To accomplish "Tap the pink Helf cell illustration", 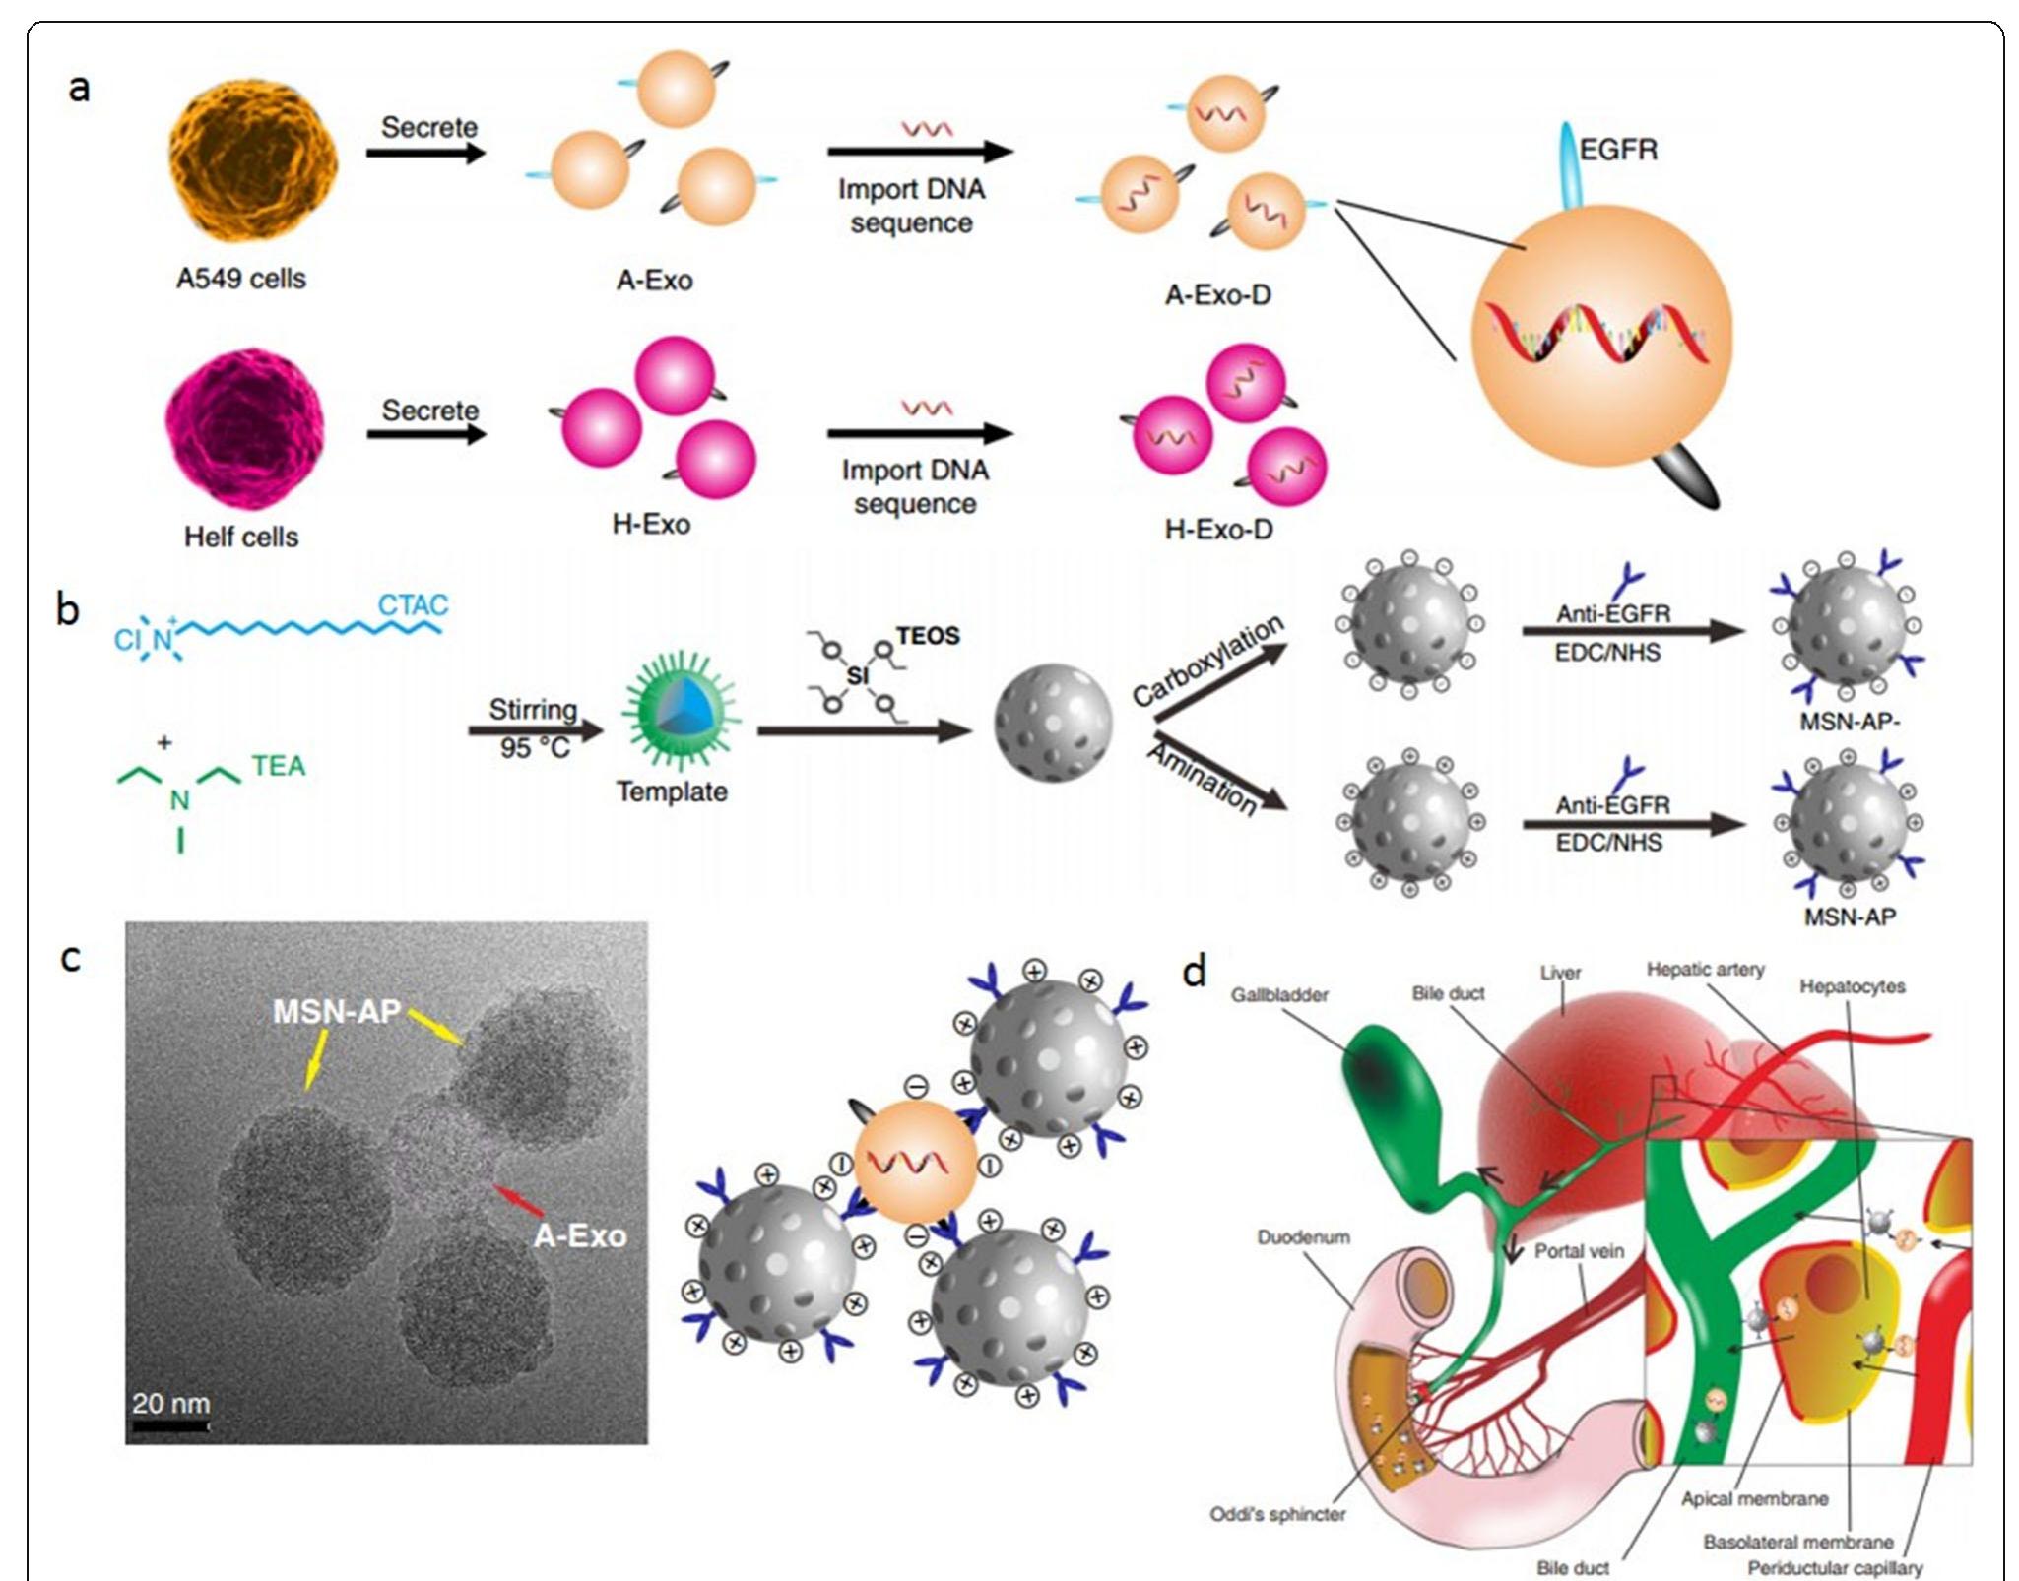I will (x=244, y=429).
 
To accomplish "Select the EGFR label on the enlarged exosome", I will (x=1618, y=150).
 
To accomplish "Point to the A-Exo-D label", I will (x=1217, y=294).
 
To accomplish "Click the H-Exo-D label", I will (x=1218, y=530).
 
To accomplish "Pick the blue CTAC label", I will (x=414, y=604).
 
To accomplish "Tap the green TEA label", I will (x=279, y=766).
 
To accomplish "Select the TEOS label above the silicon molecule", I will (x=927, y=636).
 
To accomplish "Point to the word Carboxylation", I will (x=1207, y=661).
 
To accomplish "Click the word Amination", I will (x=1203, y=778).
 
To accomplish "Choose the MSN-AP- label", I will (x=1850, y=722).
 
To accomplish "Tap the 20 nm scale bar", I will (x=170, y=1423).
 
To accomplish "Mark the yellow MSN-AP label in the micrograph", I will (x=336, y=1011).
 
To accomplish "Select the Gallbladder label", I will (x=1278, y=995).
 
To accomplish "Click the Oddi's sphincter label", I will (x=1277, y=1514).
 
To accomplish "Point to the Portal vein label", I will (x=1579, y=1251).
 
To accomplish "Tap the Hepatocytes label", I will (x=1852, y=986).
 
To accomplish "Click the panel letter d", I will (x=1194, y=973).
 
